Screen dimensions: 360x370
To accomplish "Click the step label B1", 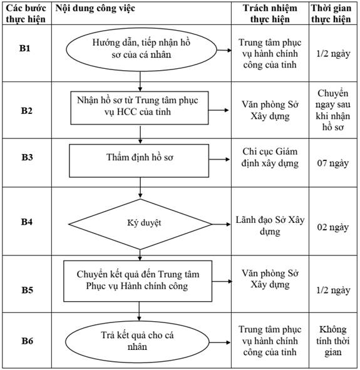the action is pos(24,48).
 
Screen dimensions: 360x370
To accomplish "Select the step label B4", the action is pos(27,222).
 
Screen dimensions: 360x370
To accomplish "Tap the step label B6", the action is pos(27,341).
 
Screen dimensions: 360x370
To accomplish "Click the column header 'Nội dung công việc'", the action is pos(95,9).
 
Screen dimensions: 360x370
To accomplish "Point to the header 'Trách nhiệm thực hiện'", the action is pos(270,13).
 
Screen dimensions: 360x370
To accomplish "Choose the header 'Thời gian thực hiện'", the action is pos(331,13).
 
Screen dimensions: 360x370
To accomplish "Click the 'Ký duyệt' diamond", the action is pos(140,224).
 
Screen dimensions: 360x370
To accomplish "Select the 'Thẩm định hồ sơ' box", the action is pos(139,161).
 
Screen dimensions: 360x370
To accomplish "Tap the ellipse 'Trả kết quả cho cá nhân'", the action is pos(137,342).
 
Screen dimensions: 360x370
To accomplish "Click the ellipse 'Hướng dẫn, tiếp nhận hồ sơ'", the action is pos(141,49).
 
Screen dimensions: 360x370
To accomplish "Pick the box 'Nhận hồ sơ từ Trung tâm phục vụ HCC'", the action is pos(140,108).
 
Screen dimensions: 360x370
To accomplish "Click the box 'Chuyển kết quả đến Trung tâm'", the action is pos(138,281).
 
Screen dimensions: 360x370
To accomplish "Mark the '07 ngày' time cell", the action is pos(333,163).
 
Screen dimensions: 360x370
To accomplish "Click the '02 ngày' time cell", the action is pos(333,227).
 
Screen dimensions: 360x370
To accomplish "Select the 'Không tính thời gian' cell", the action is pos(333,341).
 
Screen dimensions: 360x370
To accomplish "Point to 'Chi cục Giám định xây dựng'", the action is pos(270,157).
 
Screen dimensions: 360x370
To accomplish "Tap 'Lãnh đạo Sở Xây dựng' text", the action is pos(270,225).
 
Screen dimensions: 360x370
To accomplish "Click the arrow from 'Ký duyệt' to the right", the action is pos(221,224).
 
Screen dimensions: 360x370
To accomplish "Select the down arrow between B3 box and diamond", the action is pos(140,188).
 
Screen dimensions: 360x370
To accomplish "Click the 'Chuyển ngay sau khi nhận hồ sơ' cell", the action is pos(333,110).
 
